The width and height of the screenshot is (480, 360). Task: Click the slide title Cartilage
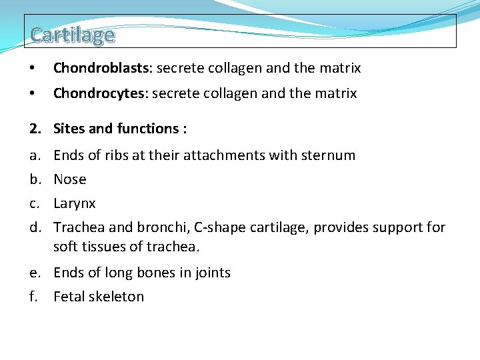[72, 34]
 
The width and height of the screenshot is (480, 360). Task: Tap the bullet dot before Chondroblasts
[33, 68]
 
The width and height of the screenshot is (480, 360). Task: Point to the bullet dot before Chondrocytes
[33, 93]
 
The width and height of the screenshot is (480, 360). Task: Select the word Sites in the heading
[69, 129]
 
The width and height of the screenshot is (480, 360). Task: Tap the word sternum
[331, 155]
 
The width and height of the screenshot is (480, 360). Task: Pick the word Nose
[70, 179]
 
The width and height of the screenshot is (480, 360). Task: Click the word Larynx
[75, 203]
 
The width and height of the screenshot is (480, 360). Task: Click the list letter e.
[33, 273]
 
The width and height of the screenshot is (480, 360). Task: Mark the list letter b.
[33, 179]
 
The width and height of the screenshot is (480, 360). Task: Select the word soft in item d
[65, 247]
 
